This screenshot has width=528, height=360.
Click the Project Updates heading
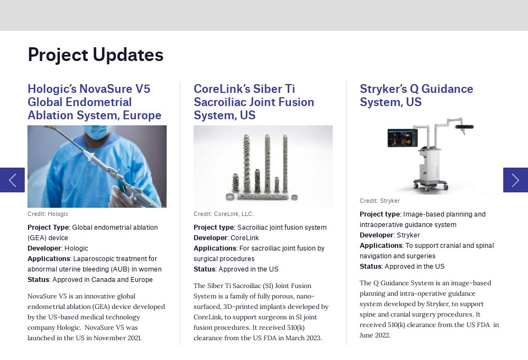point(95,55)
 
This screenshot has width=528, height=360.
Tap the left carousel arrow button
point(12,180)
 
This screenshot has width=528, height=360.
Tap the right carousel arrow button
point(515,180)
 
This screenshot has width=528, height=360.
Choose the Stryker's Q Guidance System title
point(416,96)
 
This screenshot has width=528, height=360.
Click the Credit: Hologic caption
point(48,214)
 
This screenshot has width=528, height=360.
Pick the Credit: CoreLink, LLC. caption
point(223,214)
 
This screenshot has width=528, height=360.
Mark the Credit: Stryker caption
point(380,201)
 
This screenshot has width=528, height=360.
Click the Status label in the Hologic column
point(38,279)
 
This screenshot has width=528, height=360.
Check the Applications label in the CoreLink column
point(214,248)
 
